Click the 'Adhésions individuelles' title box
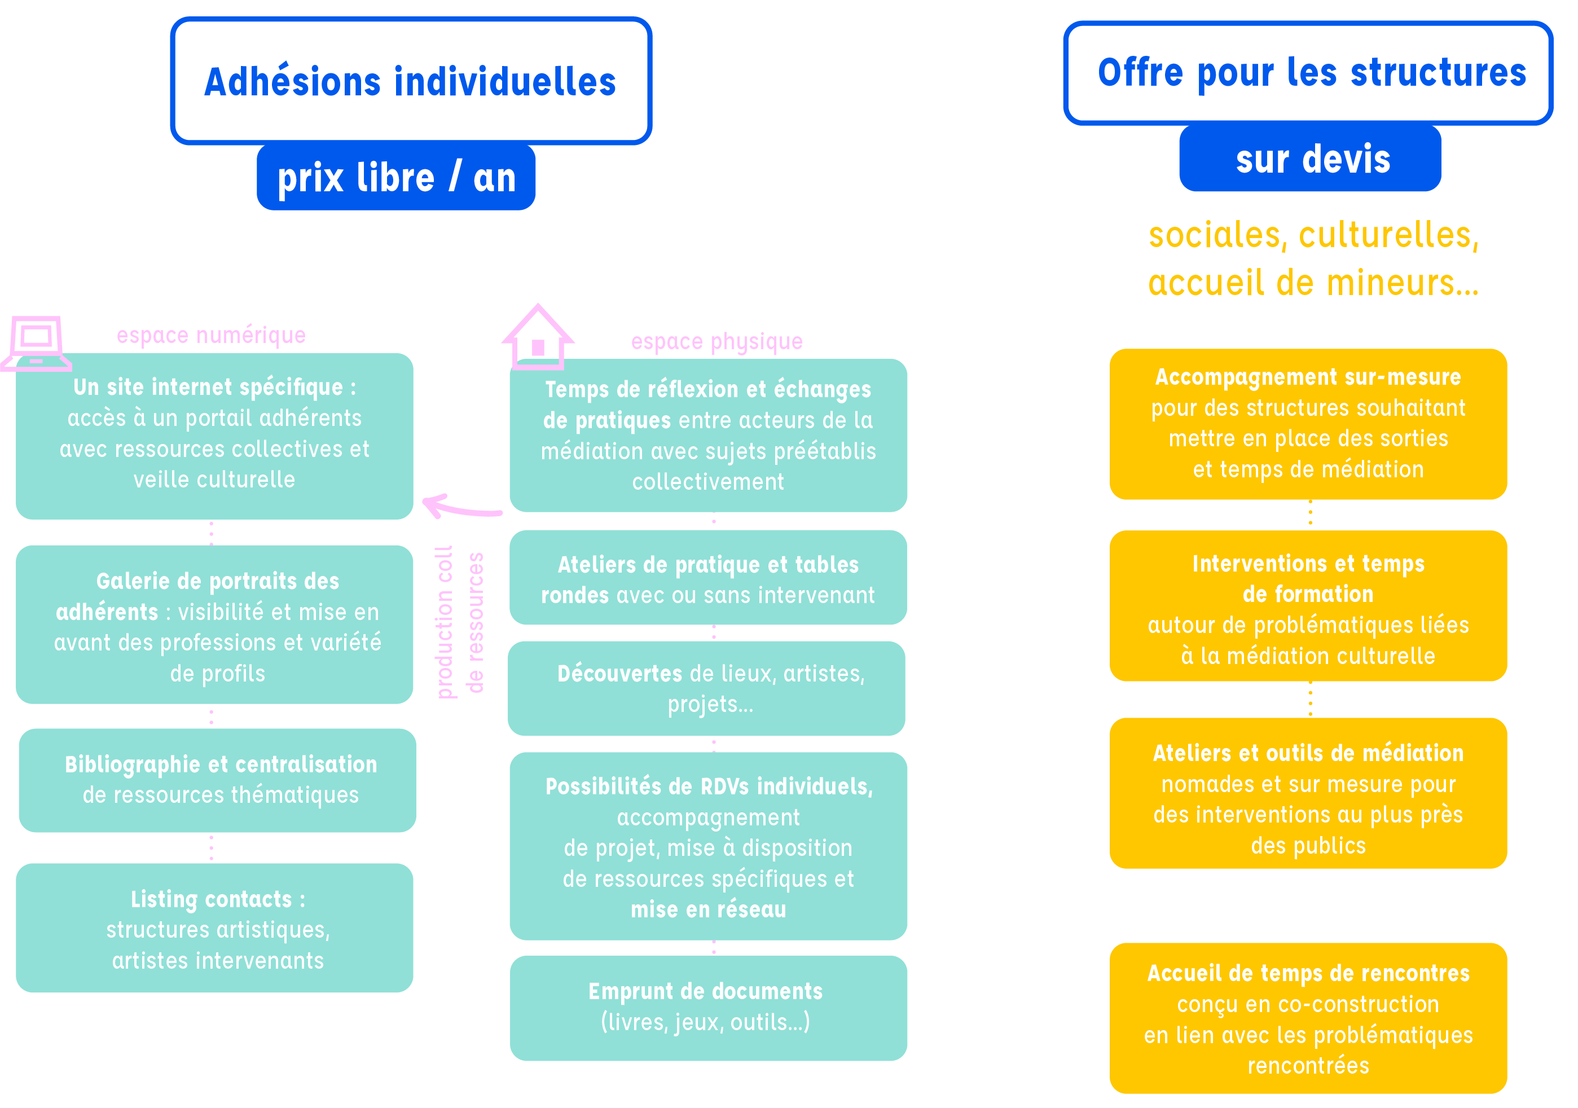410,81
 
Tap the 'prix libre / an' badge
396,177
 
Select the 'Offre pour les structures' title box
1307,73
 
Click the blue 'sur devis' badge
1310,159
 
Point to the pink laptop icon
36,343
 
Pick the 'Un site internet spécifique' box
214,435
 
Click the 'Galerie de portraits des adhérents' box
214,624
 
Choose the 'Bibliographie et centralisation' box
218,780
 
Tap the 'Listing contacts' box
214,927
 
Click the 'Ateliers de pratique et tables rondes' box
708,577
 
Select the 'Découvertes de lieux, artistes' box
706,688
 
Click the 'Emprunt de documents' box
708,1007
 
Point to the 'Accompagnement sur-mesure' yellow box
1308,424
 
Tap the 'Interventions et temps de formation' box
1308,605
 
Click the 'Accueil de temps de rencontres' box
1308,1018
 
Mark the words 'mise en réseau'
708,909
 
